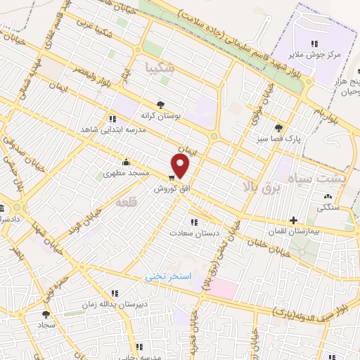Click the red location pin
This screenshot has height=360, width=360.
pyautogui.click(x=181, y=166)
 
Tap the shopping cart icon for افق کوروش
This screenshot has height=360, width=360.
pyautogui.click(x=172, y=176)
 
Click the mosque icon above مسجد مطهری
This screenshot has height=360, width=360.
pyautogui.click(x=126, y=161)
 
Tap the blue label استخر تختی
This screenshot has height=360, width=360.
pyautogui.click(x=169, y=276)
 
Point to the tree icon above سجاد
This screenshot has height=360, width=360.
pyautogui.click(x=46, y=314)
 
